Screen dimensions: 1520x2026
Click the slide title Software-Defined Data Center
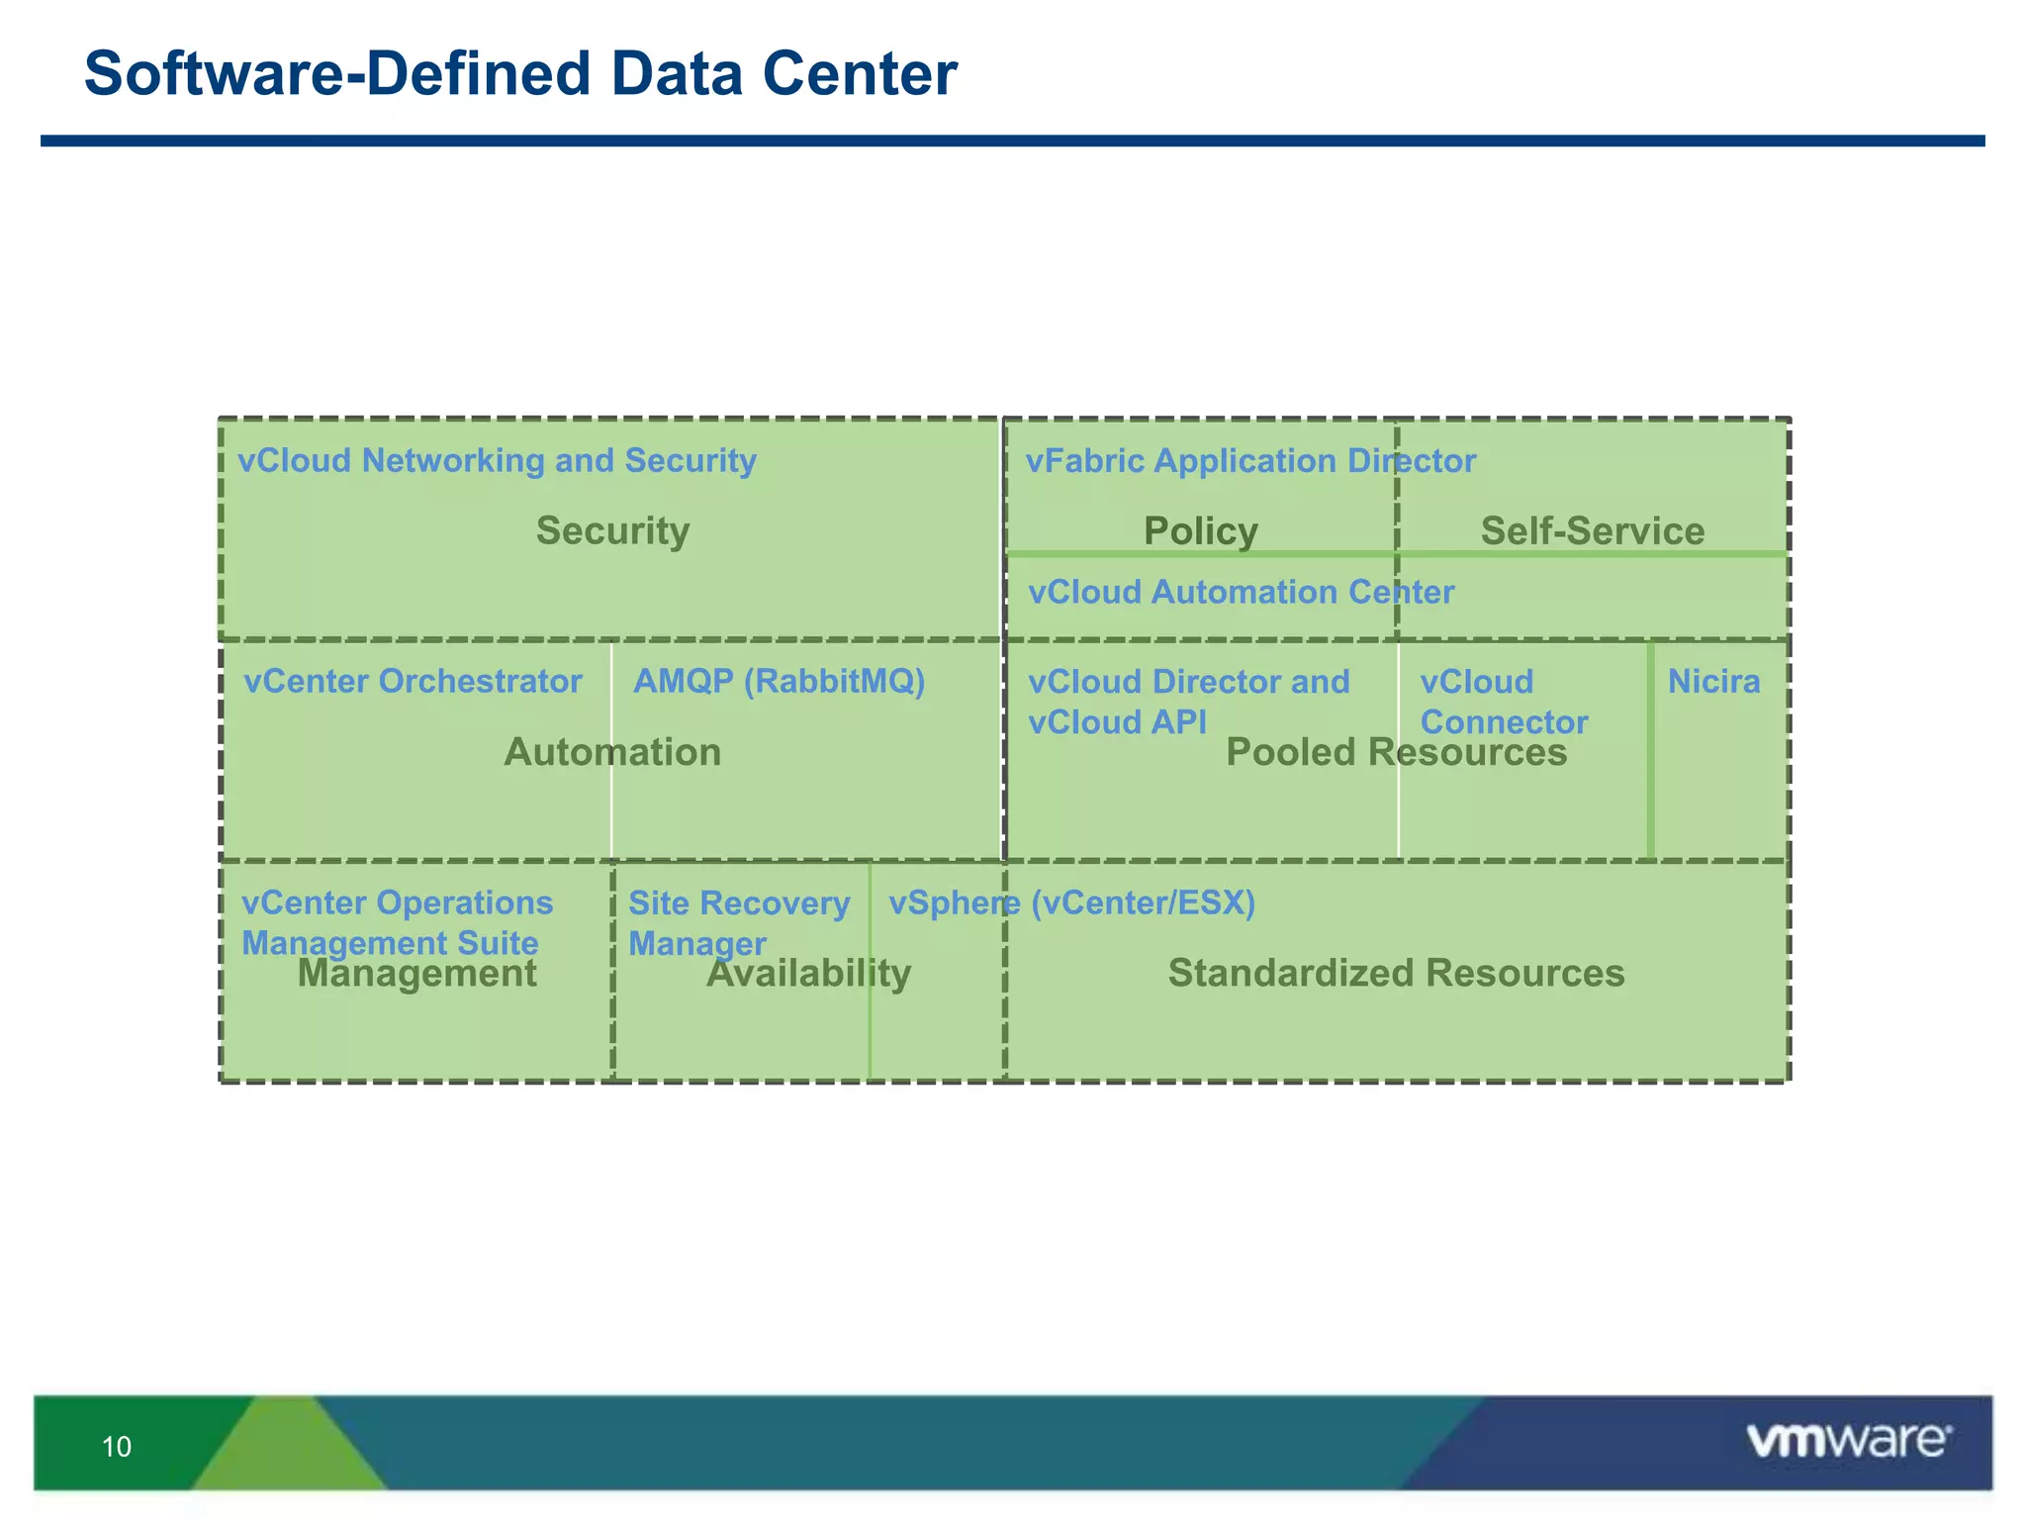(x=520, y=74)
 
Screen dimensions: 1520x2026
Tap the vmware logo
(x=1848, y=1441)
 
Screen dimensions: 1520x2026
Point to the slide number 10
(x=117, y=1447)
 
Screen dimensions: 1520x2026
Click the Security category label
(x=612, y=530)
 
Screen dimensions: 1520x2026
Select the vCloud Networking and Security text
(x=497, y=461)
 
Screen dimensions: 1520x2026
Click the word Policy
(x=1200, y=530)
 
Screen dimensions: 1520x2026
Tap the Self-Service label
(x=1592, y=530)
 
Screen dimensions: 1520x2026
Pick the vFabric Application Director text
(x=1249, y=461)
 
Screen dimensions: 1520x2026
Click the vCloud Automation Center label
(x=1241, y=592)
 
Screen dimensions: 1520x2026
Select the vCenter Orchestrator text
(x=413, y=682)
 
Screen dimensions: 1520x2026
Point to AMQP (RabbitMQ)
(x=779, y=682)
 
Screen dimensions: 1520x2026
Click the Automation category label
(x=612, y=752)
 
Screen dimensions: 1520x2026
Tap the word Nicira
(x=1713, y=682)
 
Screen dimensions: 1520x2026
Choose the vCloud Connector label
(x=1503, y=702)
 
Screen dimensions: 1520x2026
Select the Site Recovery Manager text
(x=738, y=921)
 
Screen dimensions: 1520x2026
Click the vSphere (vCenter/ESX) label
(x=1071, y=902)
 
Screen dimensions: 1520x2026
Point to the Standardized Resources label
(x=1396, y=973)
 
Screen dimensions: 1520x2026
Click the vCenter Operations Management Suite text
(x=397, y=921)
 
